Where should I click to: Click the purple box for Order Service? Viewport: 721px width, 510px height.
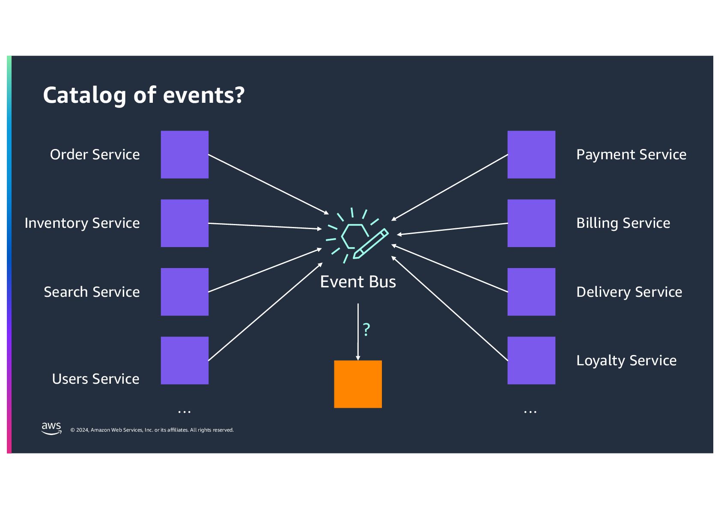pyautogui.click(x=185, y=155)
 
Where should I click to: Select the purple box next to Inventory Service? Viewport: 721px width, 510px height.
pyautogui.click(x=185, y=223)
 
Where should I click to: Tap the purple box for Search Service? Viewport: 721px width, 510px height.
pyautogui.click(x=185, y=292)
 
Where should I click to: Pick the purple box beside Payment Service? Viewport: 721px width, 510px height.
pyautogui.click(x=531, y=155)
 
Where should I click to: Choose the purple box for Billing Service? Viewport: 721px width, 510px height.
pyautogui.click(x=531, y=223)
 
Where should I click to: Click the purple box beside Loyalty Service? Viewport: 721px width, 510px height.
pyautogui.click(x=531, y=361)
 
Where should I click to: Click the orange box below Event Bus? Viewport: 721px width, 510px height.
pyautogui.click(x=358, y=384)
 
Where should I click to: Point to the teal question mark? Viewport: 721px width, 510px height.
pyautogui.click(x=366, y=330)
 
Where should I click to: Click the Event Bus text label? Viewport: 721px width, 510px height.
pyautogui.click(x=358, y=282)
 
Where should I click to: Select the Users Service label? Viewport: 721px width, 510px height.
pyautogui.click(x=95, y=379)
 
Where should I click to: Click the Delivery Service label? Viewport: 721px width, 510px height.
pyautogui.click(x=629, y=292)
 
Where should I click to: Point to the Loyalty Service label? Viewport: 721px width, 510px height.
pyautogui.click(x=626, y=361)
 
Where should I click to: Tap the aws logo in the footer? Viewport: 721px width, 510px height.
pyautogui.click(x=51, y=428)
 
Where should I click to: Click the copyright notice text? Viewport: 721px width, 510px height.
pyautogui.click(x=152, y=430)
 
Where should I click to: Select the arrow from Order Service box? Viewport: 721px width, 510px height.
pyautogui.click(x=268, y=184)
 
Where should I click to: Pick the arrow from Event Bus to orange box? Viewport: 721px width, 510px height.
pyautogui.click(x=358, y=332)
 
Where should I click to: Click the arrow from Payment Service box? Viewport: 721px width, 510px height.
pyautogui.click(x=450, y=188)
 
